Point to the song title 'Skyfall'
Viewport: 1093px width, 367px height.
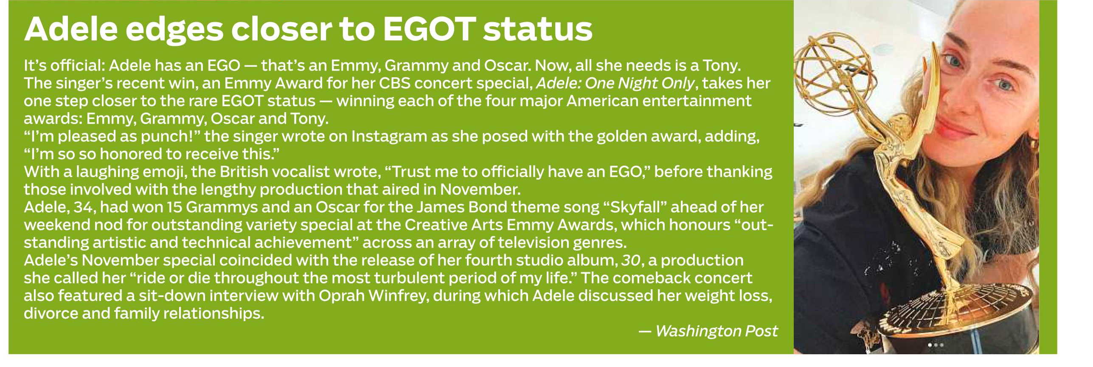(635, 207)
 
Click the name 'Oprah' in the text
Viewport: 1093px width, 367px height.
(342, 296)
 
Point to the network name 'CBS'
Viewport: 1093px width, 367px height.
(395, 83)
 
